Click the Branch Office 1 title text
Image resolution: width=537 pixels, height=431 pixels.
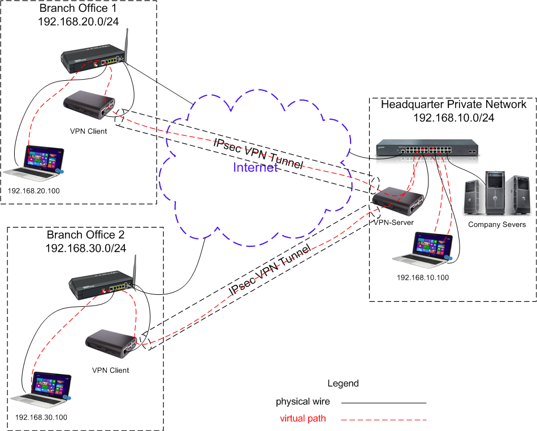click(x=77, y=9)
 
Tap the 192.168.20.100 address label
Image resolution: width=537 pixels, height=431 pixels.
click(x=33, y=190)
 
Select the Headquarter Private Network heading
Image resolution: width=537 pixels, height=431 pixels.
click(x=453, y=105)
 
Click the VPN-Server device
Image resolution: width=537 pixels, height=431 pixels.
click(x=398, y=201)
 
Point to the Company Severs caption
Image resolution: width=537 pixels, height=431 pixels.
click(x=497, y=224)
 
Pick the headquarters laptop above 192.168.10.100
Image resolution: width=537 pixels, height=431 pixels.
click(x=424, y=249)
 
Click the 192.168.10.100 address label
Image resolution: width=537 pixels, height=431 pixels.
click(x=422, y=278)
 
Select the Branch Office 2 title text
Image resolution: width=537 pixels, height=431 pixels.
click(x=85, y=235)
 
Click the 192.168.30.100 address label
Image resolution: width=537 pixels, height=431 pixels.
click(x=41, y=417)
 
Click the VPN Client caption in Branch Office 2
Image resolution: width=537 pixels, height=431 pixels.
click(x=110, y=371)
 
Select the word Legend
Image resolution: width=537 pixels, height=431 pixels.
click(x=343, y=384)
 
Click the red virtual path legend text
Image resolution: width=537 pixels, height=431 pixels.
click(x=303, y=419)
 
